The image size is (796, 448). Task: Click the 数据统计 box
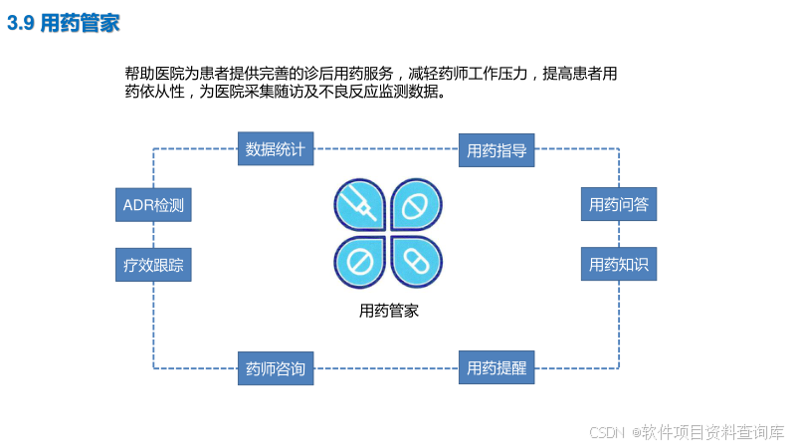pos(276,150)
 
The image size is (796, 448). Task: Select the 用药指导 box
pos(497,151)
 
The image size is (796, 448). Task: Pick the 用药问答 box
pos(618,205)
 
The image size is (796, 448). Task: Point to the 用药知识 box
pos(618,265)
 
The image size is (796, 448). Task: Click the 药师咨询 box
pos(276,369)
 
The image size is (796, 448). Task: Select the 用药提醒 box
pos(497,368)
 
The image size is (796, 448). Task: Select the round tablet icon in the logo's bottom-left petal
pos(359,262)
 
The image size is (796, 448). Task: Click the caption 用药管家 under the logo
pos(388,311)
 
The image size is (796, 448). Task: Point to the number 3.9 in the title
pos(21,23)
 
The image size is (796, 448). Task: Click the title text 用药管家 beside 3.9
pos(80,23)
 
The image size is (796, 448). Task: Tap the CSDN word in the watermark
pos(606,432)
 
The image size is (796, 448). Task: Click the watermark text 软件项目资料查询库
pos(713,432)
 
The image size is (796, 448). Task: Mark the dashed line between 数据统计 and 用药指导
pos(386,149)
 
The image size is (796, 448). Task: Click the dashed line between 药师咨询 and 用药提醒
pos(386,368)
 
